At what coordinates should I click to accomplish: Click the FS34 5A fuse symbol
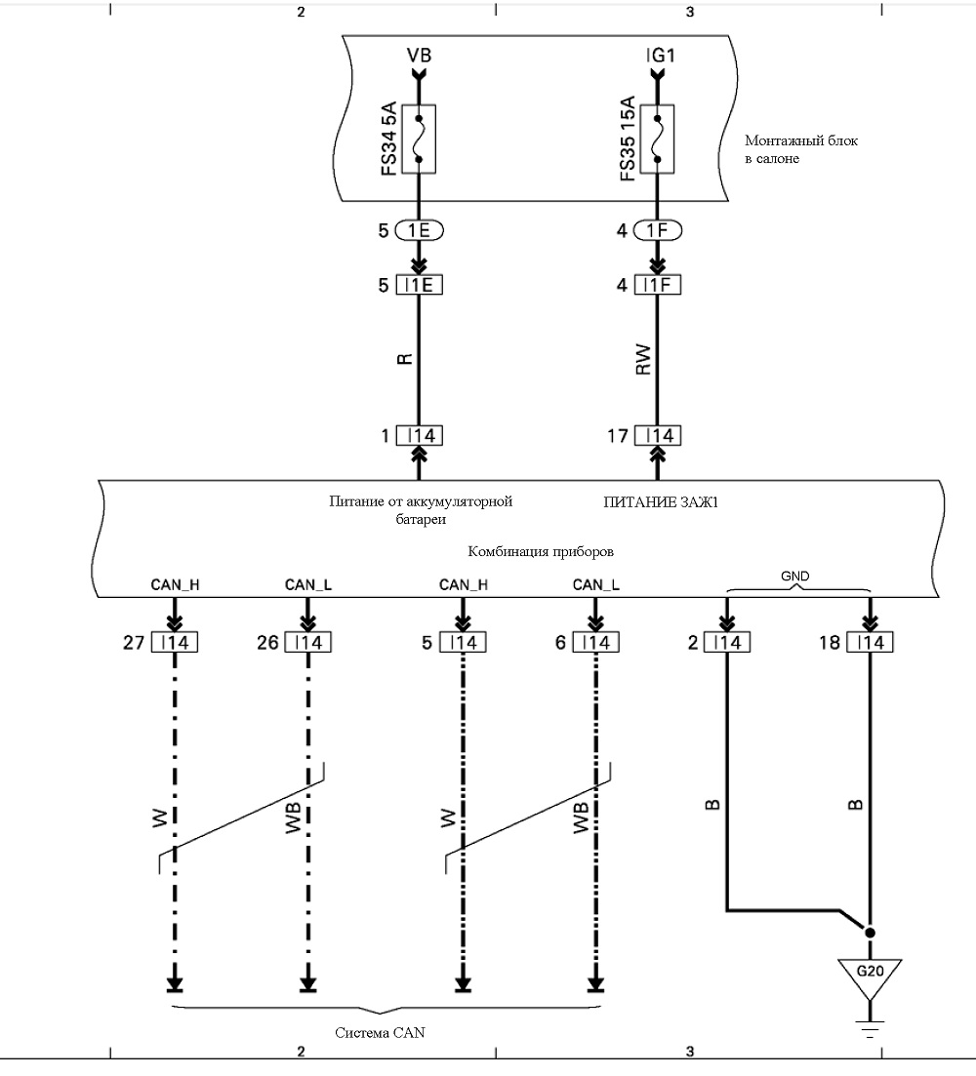tap(419, 139)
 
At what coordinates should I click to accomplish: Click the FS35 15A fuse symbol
tap(657, 139)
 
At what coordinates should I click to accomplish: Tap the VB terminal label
tap(419, 55)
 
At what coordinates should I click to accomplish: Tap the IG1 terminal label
tap(661, 55)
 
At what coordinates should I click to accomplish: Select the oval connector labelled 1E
tap(419, 230)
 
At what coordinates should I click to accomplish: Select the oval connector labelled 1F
tap(657, 230)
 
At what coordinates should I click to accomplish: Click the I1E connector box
tap(420, 285)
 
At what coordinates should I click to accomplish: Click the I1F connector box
tap(658, 285)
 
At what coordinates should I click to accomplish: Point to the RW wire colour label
tap(642, 360)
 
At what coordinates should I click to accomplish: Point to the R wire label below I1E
tap(405, 359)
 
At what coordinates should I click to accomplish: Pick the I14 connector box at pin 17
tap(658, 436)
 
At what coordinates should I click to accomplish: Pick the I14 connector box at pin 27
tap(175, 642)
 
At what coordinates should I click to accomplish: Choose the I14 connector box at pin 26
tap(308, 642)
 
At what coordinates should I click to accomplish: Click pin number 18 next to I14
tap(830, 642)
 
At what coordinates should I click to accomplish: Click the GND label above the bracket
tap(794, 577)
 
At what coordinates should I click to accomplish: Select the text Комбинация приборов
tap(541, 552)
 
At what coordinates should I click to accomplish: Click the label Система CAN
tap(380, 1033)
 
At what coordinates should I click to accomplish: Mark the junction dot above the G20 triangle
tap(870, 933)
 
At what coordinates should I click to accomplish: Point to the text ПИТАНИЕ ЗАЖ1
tap(661, 502)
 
